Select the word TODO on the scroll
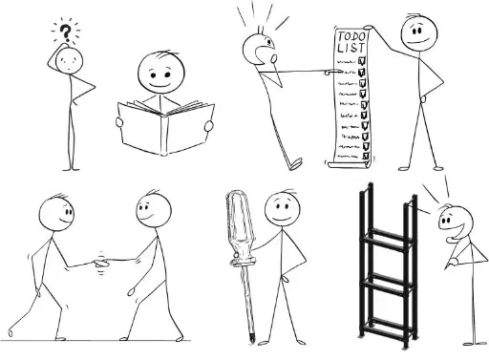pyautogui.click(x=352, y=35)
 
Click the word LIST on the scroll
pyautogui.click(x=351, y=48)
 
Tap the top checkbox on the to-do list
pyautogui.click(x=362, y=60)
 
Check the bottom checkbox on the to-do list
pyautogui.click(x=366, y=156)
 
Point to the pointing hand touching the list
pyautogui.click(x=331, y=73)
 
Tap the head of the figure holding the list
pyautogui.click(x=418, y=33)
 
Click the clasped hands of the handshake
pyautogui.click(x=101, y=263)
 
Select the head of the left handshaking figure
pyautogui.click(x=56, y=213)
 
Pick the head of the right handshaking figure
pyautogui.click(x=154, y=211)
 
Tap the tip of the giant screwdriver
pyautogui.click(x=252, y=341)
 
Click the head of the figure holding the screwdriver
pyautogui.click(x=282, y=209)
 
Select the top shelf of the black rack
pyautogui.click(x=388, y=239)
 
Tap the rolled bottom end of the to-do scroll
pyautogui.click(x=350, y=164)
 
